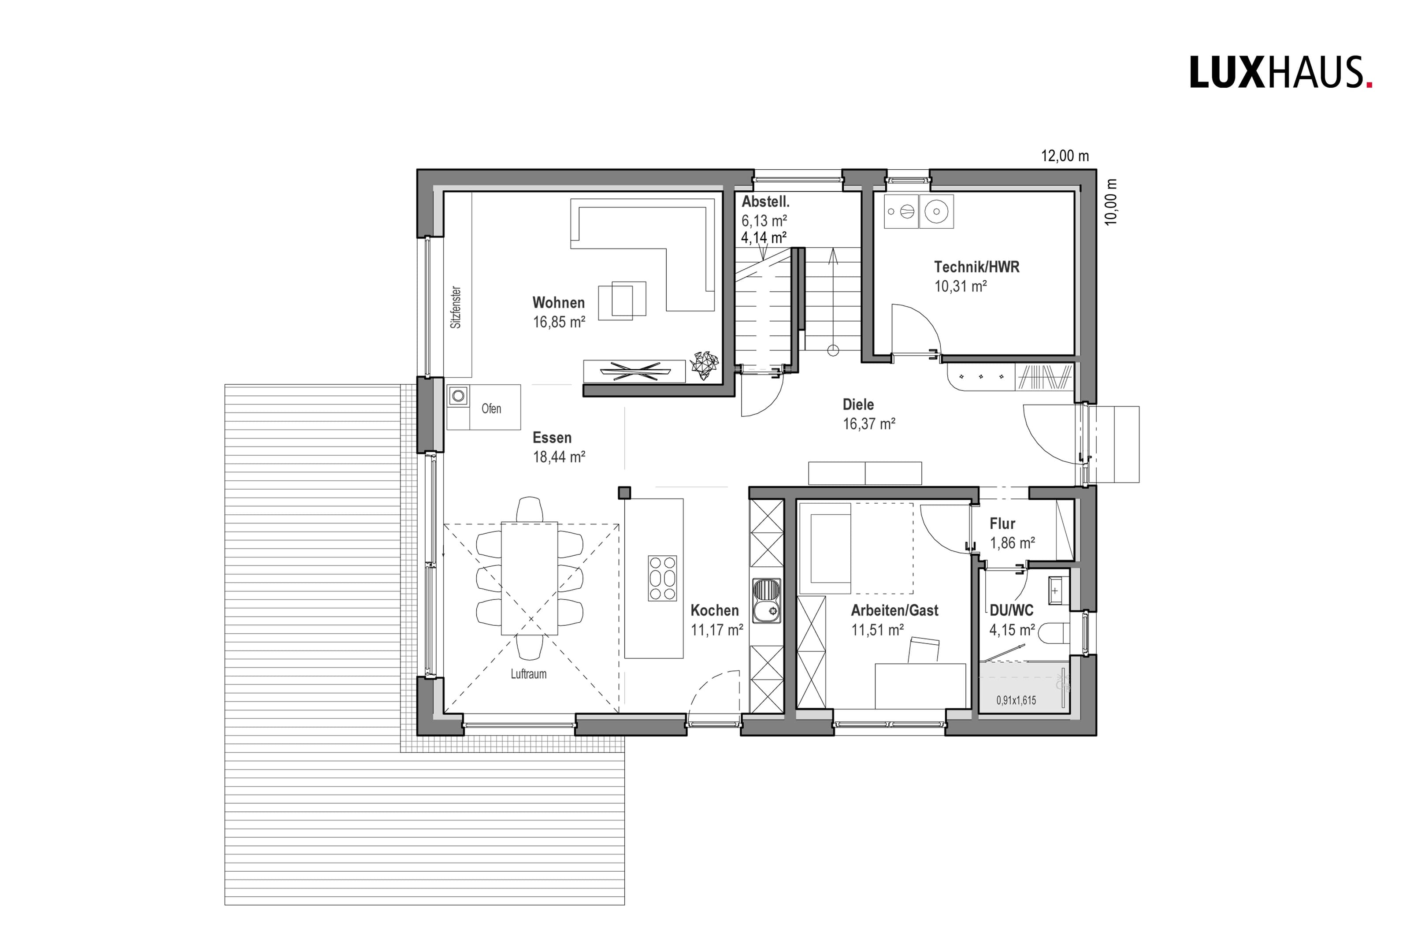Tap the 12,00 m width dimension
pyautogui.click(x=1065, y=156)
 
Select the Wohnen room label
pyautogui.click(x=558, y=303)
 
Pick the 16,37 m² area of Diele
pyautogui.click(x=869, y=424)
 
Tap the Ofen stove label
pyautogui.click(x=491, y=409)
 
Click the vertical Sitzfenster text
pyautogui.click(x=456, y=306)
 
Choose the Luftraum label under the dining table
pyautogui.click(x=528, y=674)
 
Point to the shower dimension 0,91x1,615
pyautogui.click(x=1016, y=700)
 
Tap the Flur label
pyautogui.click(x=1002, y=524)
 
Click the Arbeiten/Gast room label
pyautogui.click(x=894, y=610)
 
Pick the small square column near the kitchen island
pyautogui.click(x=624, y=493)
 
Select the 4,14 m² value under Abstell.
pyautogui.click(x=764, y=238)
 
